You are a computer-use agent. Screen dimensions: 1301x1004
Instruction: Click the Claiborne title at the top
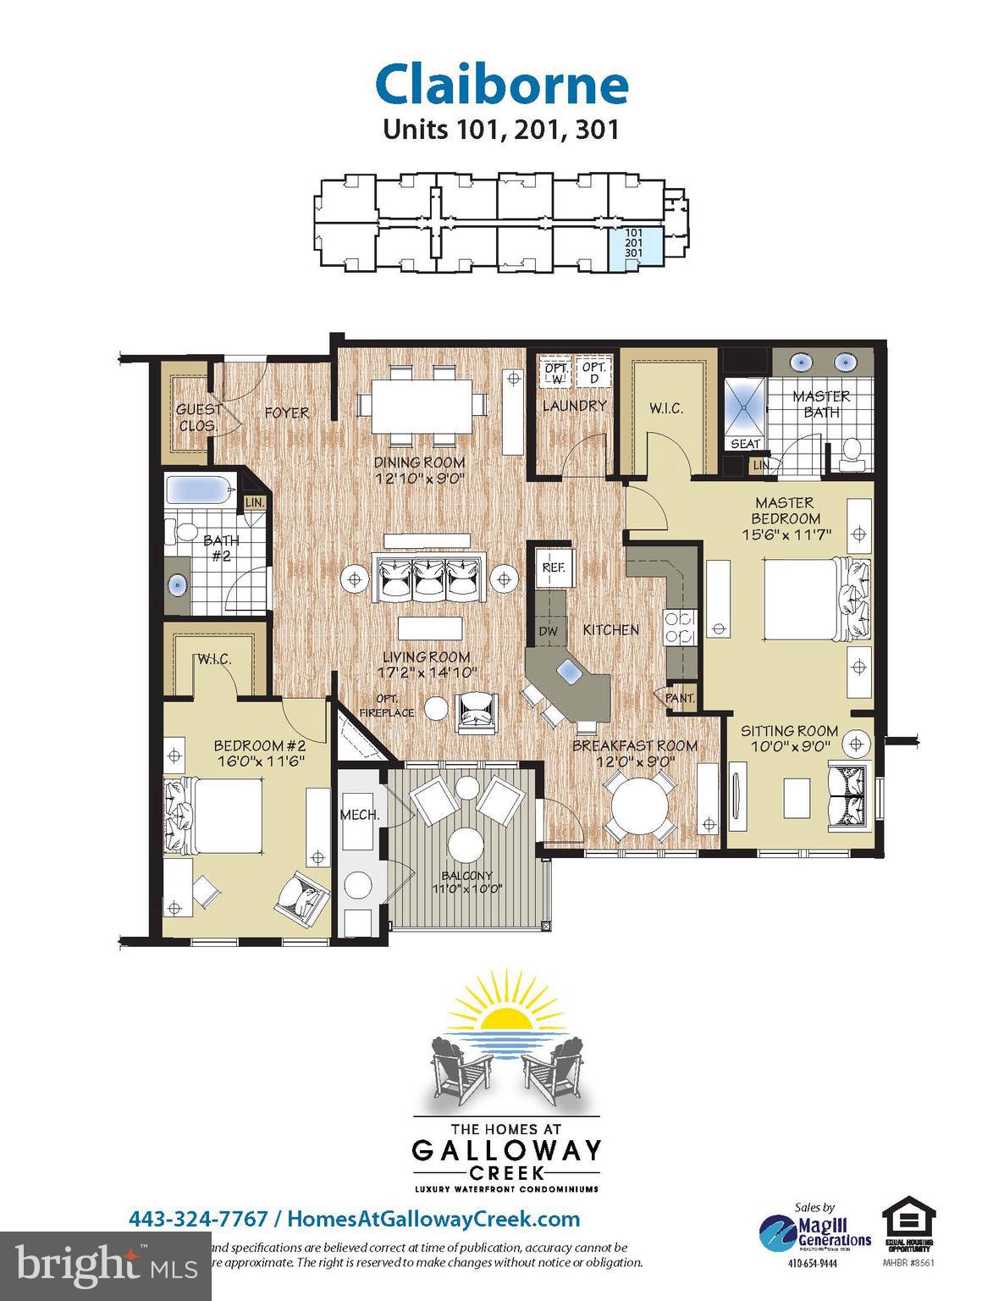pos(501,85)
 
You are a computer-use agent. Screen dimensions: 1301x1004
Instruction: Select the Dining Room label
pos(420,462)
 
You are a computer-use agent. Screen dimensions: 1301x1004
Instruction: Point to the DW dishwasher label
pos(548,630)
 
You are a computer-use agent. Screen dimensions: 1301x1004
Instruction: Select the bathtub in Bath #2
pos(199,490)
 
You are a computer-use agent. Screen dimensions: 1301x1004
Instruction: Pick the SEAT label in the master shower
pos(745,444)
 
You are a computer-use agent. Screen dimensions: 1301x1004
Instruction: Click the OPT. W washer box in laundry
pos(556,373)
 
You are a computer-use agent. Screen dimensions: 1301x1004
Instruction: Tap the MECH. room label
pos(359,815)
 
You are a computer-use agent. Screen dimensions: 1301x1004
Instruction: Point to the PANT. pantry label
pos(681,698)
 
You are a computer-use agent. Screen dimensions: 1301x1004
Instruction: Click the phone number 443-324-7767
pos(198,1219)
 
